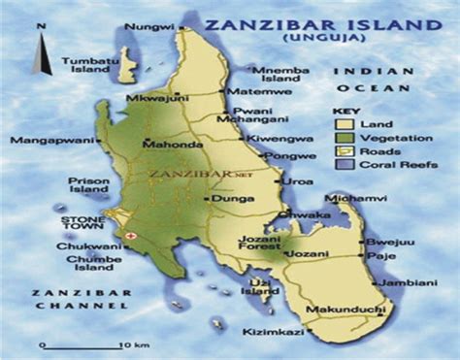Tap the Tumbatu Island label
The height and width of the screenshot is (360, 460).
pos(84,65)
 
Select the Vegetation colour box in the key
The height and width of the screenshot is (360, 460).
pos(342,139)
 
